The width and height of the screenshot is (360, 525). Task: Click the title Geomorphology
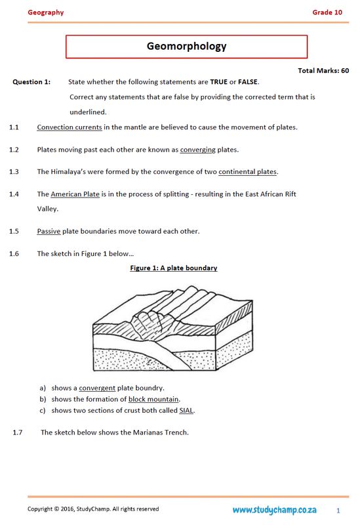[x=186, y=46]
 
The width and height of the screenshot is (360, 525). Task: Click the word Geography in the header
[x=45, y=12]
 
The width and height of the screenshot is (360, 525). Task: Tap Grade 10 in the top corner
[x=327, y=12]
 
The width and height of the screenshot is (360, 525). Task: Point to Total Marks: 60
[x=323, y=70]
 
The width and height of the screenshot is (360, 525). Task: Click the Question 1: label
[x=31, y=82]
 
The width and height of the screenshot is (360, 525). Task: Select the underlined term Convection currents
[x=70, y=127]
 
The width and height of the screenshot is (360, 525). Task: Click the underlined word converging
[x=197, y=150]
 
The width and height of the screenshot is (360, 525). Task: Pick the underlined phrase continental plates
[x=248, y=172]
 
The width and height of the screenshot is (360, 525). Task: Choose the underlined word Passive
[x=49, y=231]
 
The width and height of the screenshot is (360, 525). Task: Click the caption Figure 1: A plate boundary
[x=174, y=268]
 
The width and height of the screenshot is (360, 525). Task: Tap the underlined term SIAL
[x=186, y=410]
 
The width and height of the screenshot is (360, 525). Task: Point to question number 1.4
[x=14, y=194]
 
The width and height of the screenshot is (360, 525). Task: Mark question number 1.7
[x=18, y=432]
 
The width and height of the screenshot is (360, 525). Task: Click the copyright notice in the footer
[x=92, y=509]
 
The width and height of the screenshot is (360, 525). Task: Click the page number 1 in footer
[x=338, y=510]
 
